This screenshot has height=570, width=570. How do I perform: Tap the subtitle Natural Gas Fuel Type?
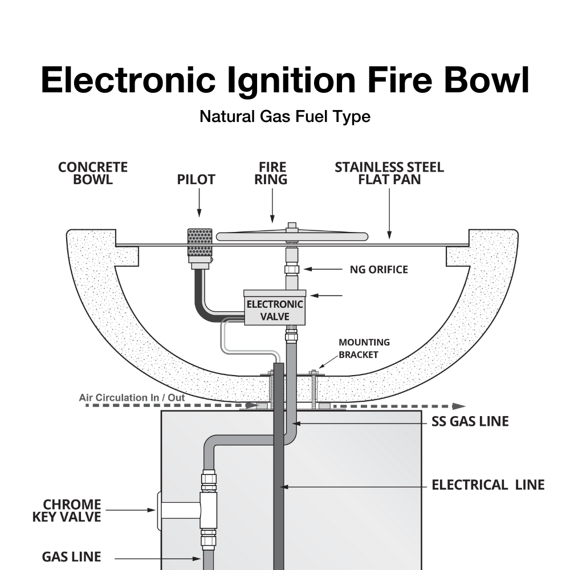(285, 117)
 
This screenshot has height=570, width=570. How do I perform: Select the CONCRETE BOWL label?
(93, 173)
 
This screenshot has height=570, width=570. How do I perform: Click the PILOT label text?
(196, 180)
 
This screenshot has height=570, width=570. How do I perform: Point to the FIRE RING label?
(272, 173)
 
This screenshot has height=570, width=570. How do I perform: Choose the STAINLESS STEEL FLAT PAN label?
(389, 173)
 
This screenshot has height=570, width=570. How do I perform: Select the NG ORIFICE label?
(379, 269)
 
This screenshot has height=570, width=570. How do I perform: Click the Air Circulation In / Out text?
(132, 397)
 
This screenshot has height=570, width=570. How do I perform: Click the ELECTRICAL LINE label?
(488, 486)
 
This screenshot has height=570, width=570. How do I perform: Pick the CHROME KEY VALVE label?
(72, 511)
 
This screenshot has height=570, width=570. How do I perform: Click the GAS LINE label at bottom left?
(71, 556)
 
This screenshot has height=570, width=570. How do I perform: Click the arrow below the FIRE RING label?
(272, 206)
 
